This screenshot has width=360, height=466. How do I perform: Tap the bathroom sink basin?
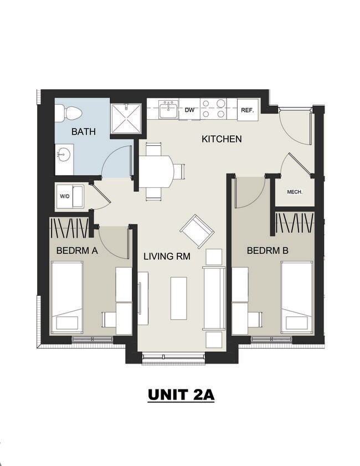coord(64,155)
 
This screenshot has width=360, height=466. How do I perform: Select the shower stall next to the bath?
coord(126,119)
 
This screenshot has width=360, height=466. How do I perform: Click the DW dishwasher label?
coord(189,110)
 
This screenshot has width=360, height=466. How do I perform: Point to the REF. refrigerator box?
coord(248,110)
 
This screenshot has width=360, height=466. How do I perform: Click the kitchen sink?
coord(168,109)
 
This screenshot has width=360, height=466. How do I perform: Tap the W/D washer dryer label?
coord(65,196)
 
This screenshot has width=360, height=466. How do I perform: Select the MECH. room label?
coord(295,192)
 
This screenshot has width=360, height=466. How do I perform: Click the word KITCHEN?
coord(222,139)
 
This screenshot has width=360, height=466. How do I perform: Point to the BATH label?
coord(84,131)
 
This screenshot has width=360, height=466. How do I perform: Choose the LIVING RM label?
coord(167,256)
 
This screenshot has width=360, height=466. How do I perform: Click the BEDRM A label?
coord(77,250)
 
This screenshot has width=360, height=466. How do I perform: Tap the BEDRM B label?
coord(268,250)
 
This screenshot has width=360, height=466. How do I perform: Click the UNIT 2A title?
coord(181,395)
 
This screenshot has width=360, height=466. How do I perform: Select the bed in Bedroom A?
coord(67,297)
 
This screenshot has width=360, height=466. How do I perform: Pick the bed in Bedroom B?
coord(297,297)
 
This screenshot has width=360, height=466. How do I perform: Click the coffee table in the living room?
coord(179,298)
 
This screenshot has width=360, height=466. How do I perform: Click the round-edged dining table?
coord(157,171)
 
